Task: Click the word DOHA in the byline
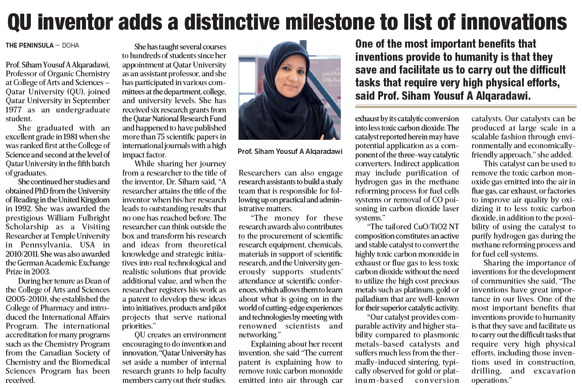pyautogui.click(x=71, y=45)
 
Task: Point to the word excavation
pyautogui.click(x=555, y=370)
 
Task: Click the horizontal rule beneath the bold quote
pyautogui.click(x=466, y=106)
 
